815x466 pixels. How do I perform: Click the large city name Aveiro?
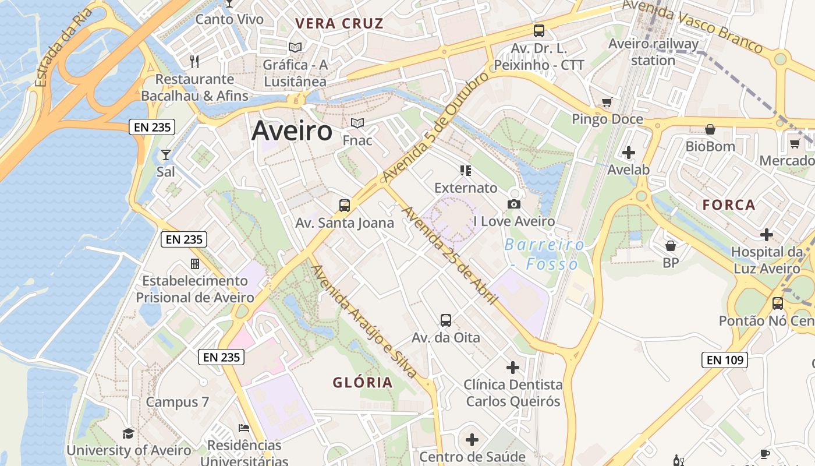292,132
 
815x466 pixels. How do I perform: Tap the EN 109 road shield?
724,360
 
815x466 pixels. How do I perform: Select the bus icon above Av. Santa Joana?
345,205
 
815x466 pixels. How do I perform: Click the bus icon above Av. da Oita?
446,320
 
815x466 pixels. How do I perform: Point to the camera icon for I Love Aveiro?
513,204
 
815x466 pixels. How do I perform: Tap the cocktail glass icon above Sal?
166,154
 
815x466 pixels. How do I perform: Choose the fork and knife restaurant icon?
194,61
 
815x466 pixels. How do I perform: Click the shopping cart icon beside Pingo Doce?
607,103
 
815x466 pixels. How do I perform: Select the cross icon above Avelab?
629,153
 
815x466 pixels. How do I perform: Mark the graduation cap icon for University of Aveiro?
128,433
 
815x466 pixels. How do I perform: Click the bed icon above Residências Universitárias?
245,428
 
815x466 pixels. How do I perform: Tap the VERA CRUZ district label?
339,24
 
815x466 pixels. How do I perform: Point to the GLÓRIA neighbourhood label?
363,383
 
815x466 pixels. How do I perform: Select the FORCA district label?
728,205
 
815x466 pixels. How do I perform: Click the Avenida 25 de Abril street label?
449,255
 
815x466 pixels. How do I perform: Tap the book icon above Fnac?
357,123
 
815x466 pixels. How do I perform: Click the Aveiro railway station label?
653,52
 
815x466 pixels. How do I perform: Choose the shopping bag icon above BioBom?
710,129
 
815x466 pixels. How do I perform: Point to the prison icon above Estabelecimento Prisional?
195,264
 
